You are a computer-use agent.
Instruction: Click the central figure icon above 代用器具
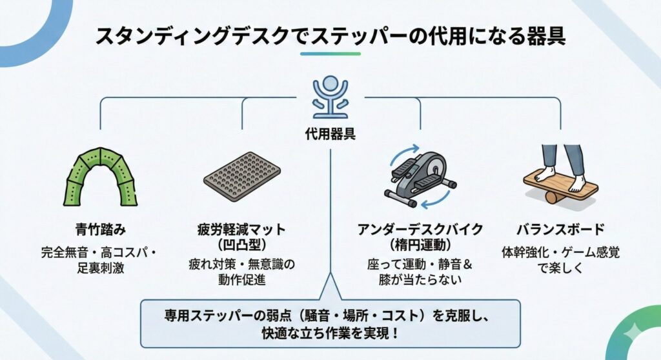tap(330, 97)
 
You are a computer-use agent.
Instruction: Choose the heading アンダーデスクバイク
tap(420, 230)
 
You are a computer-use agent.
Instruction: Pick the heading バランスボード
tap(560, 230)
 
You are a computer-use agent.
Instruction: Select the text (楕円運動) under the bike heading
tap(420, 246)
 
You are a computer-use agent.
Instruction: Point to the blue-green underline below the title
tap(330, 54)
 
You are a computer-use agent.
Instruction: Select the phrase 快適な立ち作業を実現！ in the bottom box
tap(330, 334)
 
